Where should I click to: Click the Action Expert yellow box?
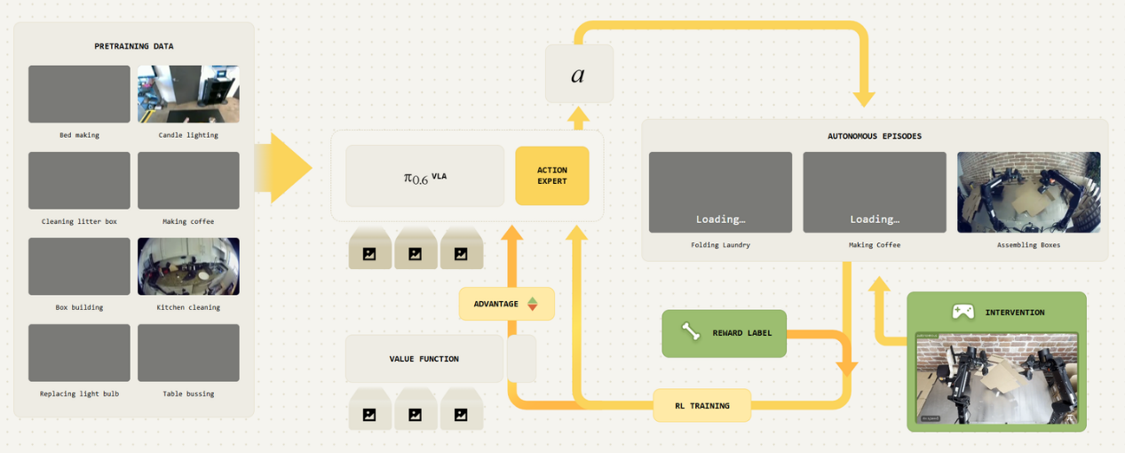(x=551, y=176)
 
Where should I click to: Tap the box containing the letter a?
(x=579, y=74)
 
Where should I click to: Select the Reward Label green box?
(x=724, y=333)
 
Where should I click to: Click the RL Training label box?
(x=701, y=405)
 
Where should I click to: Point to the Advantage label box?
(x=506, y=304)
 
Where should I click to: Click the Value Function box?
(x=424, y=359)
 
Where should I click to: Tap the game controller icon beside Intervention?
(x=963, y=312)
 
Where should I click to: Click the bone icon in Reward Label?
(x=691, y=332)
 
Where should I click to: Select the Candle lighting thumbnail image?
(x=188, y=94)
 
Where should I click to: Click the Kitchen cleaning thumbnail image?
(x=188, y=266)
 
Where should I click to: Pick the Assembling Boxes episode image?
(x=1028, y=192)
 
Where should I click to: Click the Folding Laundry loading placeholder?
(x=720, y=192)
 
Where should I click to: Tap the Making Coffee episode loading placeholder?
(x=875, y=192)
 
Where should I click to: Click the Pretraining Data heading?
(x=134, y=46)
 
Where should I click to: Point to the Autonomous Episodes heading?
(x=875, y=137)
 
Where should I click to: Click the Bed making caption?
(x=79, y=135)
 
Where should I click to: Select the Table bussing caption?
(x=188, y=393)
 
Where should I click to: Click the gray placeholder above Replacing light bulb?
(x=79, y=353)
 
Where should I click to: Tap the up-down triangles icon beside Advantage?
(x=533, y=304)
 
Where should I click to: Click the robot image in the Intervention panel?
(x=996, y=377)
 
